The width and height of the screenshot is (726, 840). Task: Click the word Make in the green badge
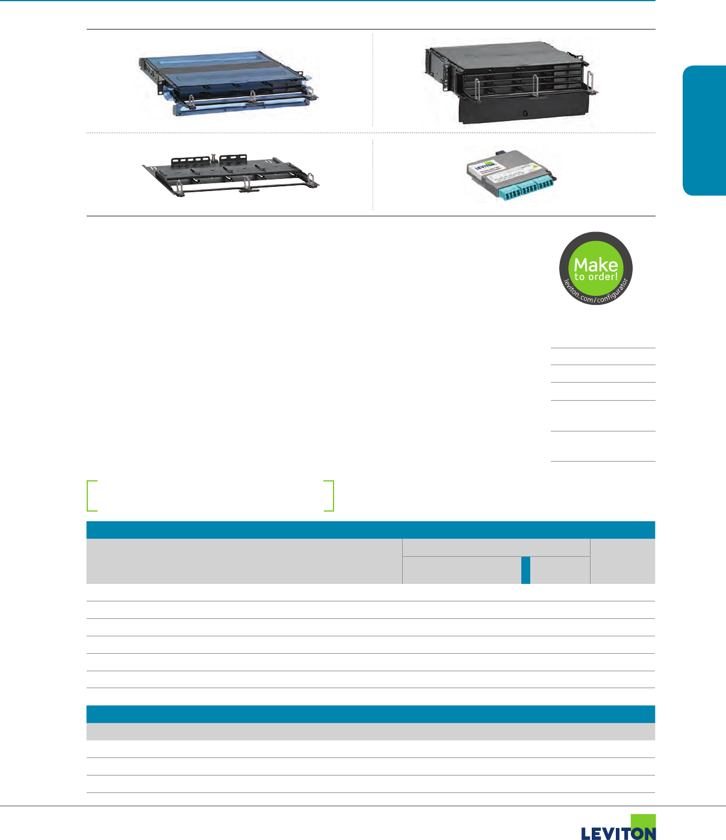coord(595,264)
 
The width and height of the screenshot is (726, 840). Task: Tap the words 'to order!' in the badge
coord(595,277)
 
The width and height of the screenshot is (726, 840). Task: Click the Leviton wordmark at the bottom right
coord(618,833)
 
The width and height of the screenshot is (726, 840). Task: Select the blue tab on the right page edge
coord(704,130)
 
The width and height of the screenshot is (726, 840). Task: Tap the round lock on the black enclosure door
coord(525,113)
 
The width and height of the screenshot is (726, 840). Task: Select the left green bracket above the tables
coord(92,495)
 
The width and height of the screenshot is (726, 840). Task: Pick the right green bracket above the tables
coord(329,495)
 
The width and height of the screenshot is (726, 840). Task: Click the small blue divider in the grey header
coord(526,570)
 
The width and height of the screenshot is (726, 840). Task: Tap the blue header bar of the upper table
coord(370,530)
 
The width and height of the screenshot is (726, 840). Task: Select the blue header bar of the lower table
coord(370,714)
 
